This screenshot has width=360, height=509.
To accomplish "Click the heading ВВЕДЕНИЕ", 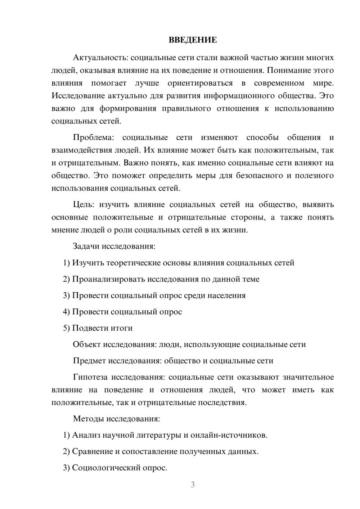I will click(x=193, y=40).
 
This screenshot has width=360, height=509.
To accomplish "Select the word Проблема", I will click(x=93, y=138).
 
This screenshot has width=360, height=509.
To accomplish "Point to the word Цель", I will click(x=84, y=205).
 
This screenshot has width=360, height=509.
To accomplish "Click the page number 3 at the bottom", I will click(x=193, y=485).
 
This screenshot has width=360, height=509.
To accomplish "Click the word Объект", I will click(x=87, y=344).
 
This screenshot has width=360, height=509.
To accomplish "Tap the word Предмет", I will click(x=89, y=361).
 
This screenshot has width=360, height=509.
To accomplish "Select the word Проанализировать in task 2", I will click(x=103, y=279).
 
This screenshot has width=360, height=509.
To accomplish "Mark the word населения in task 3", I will click(x=228, y=296).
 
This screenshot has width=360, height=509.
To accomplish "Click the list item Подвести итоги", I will click(x=102, y=328).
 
